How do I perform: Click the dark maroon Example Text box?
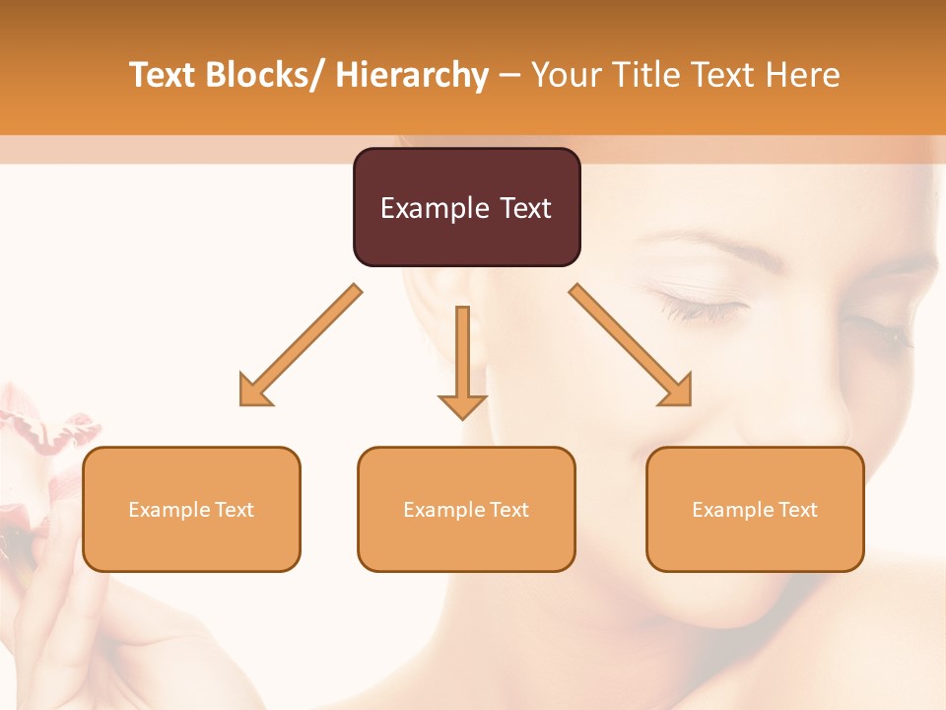[x=466, y=207]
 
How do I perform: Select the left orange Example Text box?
[x=191, y=509]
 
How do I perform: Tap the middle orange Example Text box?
[x=466, y=509]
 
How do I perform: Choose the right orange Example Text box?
[x=755, y=509]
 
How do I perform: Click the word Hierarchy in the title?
[x=412, y=75]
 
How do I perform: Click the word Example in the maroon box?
[x=431, y=208]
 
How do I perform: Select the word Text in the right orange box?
[x=798, y=509]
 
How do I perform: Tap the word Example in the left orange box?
[x=168, y=509]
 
